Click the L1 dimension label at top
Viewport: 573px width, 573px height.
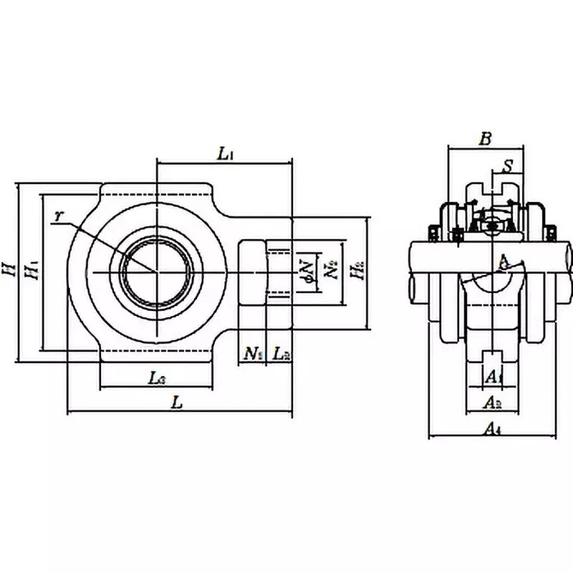click(225, 152)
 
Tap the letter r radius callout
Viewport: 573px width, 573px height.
click(59, 215)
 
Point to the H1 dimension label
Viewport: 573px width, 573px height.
click(31, 271)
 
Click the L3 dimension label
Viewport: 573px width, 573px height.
click(159, 378)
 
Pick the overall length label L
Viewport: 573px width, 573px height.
click(177, 403)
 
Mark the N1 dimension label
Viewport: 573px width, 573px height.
click(252, 352)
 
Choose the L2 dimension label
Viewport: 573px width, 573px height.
click(281, 352)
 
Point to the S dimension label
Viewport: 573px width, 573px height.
click(507, 166)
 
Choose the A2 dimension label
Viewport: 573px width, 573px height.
click(493, 403)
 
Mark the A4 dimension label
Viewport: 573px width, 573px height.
click(491, 428)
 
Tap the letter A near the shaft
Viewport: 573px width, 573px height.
click(503, 262)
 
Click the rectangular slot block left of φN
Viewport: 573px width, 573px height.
click(252, 271)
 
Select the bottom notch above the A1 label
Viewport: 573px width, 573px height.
click(492, 358)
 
